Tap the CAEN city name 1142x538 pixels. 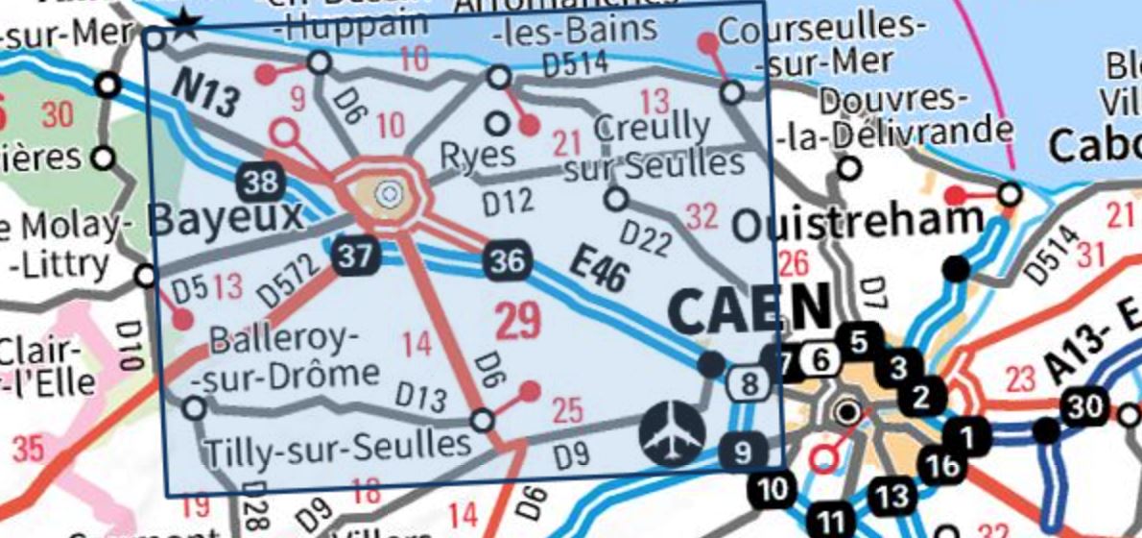pos(749,309)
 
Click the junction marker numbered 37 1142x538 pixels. pos(355,256)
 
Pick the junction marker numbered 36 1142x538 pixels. pos(507,260)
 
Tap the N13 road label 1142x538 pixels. pos(205,94)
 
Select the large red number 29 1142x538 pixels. pos(519,321)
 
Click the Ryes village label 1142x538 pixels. pos(477,155)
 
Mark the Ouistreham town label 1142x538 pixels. pos(857,224)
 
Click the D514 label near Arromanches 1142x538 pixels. pos(575,65)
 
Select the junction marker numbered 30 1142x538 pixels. pos(1084,407)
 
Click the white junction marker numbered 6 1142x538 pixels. pos(819,360)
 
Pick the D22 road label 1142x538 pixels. pos(644,238)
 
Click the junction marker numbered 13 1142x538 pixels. pos(892,496)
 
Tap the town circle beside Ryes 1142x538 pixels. pos(497,123)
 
